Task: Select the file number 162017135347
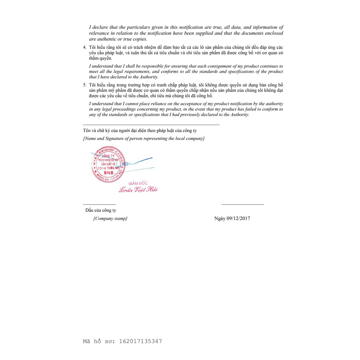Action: (141, 341)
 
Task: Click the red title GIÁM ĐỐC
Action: (138, 183)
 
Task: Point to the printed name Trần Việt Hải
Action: (138, 190)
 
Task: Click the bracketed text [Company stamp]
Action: (110, 218)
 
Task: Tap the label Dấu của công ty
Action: (101, 210)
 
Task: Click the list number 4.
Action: (84, 47)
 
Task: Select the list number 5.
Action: (84, 85)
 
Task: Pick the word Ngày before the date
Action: (220, 218)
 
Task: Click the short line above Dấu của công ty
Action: (99, 204)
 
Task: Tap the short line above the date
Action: (243, 204)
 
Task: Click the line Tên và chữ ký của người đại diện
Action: (140, 130)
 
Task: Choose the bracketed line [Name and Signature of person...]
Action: (143, 139)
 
